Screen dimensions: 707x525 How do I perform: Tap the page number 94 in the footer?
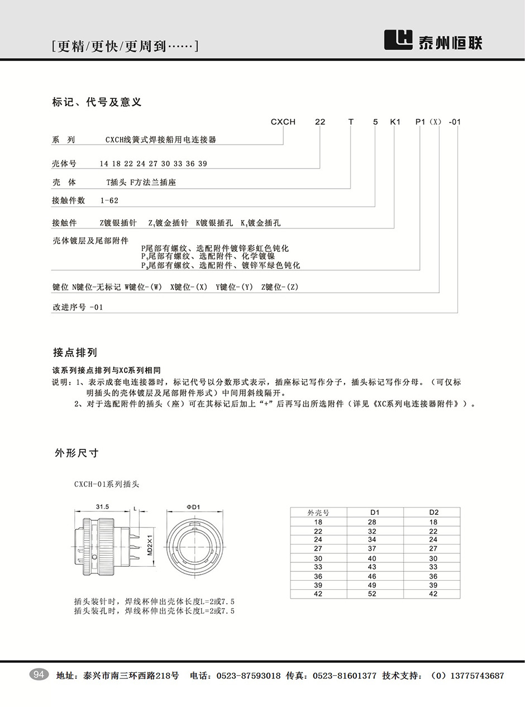(x=39, y=675)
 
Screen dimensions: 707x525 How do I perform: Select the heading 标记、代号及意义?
(x=97, y=102)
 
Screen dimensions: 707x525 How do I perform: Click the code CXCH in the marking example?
(x=283, y=122)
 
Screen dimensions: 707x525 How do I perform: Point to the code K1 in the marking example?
(x=395, y=122)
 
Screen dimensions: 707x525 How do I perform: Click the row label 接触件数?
(x=69, y=200)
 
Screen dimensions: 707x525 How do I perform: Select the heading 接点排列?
(x=75, y=352)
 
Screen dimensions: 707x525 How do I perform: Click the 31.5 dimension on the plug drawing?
(x=102, y=507)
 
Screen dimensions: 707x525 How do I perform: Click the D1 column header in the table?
(x=375, y=512)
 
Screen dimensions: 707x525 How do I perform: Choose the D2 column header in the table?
(x=434, y=512)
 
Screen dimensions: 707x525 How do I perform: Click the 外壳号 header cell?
(x=319, y=512)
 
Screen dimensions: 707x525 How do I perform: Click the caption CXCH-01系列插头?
(x=106, y=484)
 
